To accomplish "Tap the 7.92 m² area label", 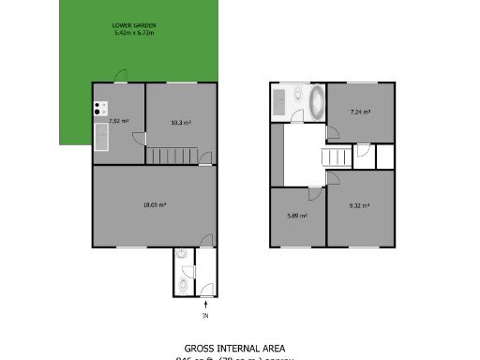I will pyautogui.click(x=118, y=122).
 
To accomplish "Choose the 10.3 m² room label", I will pyautogui.click(x=181, y=122).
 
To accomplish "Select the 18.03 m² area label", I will pyautogui.click(x=155, y=204).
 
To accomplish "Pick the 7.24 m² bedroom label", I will pyautogui.click(x=360, y=112).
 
